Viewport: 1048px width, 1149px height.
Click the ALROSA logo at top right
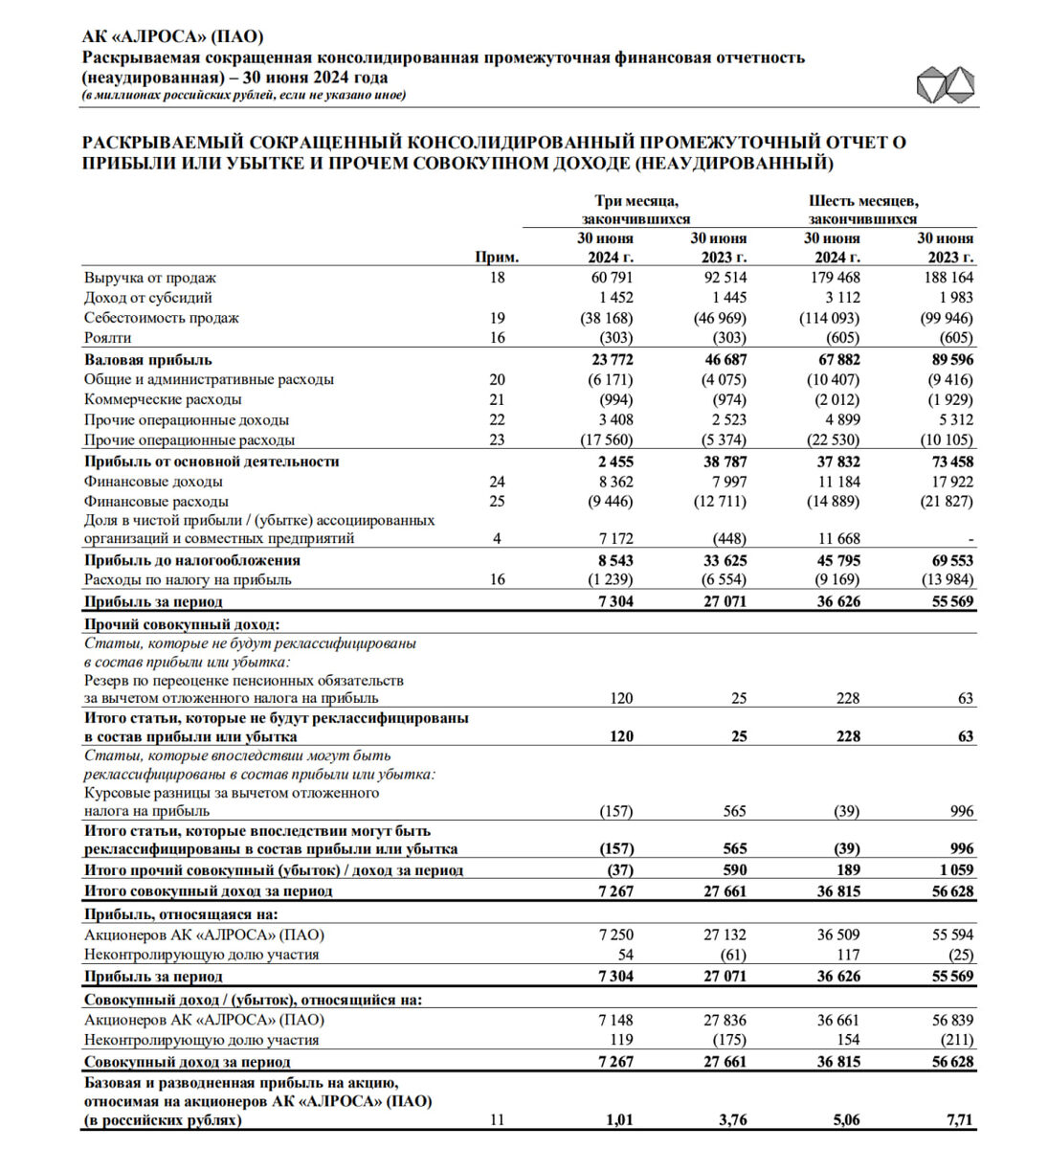945,86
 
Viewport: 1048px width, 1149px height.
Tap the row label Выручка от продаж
150,278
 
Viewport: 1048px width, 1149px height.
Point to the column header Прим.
497,258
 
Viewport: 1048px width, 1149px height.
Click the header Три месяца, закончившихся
636,210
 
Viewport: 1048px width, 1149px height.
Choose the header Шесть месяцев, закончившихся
863,210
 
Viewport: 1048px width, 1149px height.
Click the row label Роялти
108,338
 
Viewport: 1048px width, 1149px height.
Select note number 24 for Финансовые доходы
497,482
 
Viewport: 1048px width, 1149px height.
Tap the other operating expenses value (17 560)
607,440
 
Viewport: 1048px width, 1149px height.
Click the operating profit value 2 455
613,462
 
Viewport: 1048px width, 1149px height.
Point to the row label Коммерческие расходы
163,399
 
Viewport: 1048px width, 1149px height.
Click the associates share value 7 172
614,539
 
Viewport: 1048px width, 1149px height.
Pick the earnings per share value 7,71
958,1119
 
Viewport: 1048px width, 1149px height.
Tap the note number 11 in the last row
497,1119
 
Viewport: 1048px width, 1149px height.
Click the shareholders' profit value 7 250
614,935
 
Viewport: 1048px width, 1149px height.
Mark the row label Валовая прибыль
148,360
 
